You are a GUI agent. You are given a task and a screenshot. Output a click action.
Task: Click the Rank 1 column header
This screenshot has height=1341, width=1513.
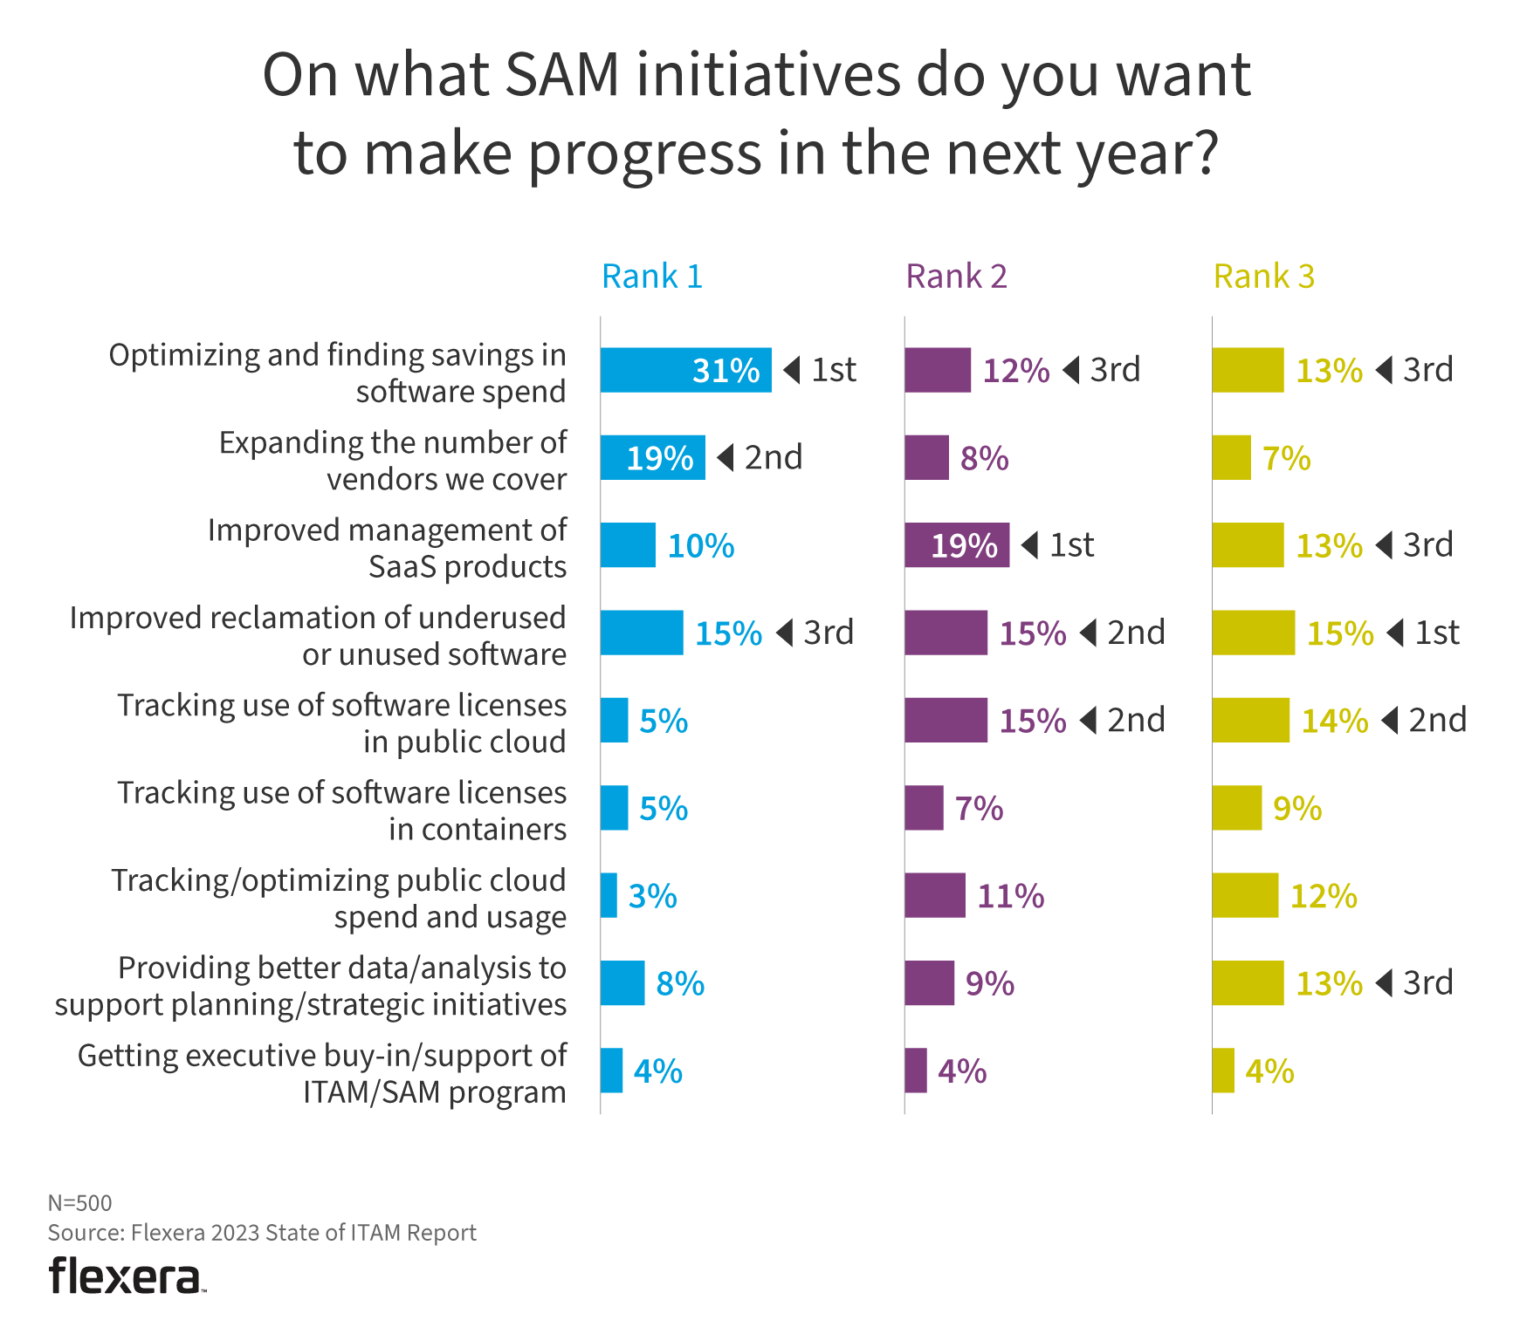[651, 277]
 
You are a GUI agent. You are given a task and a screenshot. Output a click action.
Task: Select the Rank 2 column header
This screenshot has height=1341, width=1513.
[956, 277]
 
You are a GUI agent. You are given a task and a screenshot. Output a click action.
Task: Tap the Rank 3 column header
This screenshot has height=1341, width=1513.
[1263, 277]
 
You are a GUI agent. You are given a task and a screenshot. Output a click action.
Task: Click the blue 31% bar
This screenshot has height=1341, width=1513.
[685, 370]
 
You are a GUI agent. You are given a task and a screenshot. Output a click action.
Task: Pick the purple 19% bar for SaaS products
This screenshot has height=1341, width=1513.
[956, 545]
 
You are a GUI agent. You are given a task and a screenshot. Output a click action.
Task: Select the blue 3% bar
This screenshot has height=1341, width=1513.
[609, 895]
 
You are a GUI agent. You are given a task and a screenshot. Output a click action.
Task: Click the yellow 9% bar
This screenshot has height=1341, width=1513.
[1236, 808]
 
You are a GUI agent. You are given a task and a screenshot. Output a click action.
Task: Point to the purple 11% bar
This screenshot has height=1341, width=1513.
[934, 895]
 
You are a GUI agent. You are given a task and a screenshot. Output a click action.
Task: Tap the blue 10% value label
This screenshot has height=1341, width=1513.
[700, 546]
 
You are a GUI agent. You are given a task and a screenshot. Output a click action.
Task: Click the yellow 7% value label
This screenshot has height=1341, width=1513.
[1286, 459]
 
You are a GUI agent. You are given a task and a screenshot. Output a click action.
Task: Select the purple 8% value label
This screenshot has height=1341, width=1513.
[984, 459]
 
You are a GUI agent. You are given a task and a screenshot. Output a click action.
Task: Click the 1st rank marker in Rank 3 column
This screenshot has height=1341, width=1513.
[1425, 633]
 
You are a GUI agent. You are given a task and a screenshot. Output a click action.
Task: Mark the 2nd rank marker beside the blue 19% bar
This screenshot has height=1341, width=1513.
[760, 457]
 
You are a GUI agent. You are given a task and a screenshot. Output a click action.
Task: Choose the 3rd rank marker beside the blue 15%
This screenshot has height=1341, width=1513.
[816, 633]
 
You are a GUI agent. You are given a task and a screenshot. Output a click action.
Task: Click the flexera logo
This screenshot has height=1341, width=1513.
[127, 1276]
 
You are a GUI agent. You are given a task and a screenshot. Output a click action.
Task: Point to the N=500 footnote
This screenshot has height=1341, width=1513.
[79, 1203]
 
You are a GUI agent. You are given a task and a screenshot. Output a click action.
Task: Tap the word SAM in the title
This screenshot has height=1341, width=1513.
[561, 75]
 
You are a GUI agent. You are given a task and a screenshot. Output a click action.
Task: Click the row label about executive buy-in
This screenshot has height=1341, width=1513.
[321, 1073]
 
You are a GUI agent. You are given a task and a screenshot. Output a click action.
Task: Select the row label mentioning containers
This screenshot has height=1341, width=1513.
[341, 811]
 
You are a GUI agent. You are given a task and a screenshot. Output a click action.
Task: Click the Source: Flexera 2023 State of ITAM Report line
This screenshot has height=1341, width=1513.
[262, 1233]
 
